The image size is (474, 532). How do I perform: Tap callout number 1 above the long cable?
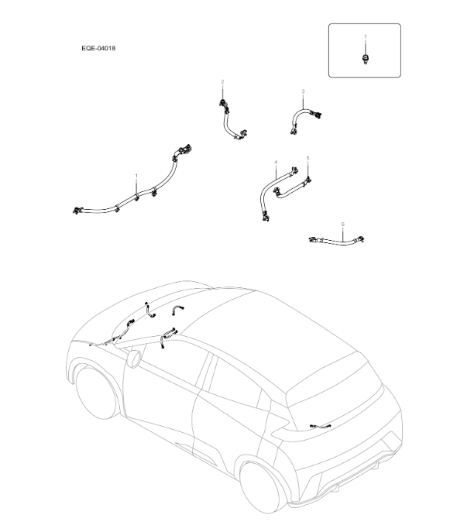tap(136, 177)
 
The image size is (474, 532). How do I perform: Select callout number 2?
tap(222, 81)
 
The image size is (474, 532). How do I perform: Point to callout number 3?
tap(303, 91)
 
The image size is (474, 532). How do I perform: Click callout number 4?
tap(275, 162)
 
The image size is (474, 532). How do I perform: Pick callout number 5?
tap(307, 158)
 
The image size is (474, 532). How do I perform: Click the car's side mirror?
tap(134, 358)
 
